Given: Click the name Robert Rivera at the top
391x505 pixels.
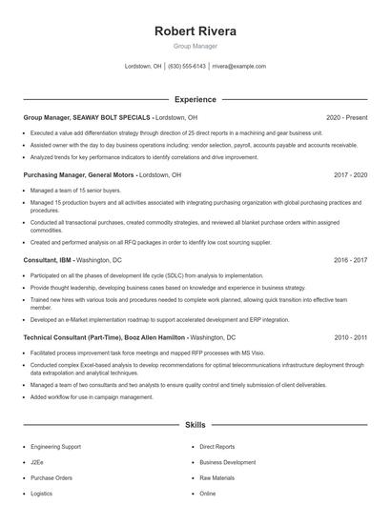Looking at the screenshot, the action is pyautogui.click(x=195, y=31).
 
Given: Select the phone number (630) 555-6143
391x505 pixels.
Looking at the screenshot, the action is pyautogui.click(x=187, y=67).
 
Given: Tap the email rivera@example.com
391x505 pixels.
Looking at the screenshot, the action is pyautogui.click(x=238, y=67).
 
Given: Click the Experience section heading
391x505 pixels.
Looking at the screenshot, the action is pyautogui.click(x=195, y=99).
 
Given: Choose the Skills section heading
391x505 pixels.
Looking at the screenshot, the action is pyautogui.click(x=195, y=424).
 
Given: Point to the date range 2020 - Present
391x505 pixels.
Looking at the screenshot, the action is pyautogui.click(x=346, y=117).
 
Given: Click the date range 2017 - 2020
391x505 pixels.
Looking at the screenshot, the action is pyautogui.click(x=351, y=175).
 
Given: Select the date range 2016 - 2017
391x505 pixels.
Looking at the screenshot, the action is pyautogui.click(x=351, y=259).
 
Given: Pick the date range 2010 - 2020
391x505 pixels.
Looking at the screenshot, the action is pyautogui.click(x=351, y=337).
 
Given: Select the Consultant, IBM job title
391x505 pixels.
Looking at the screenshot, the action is pyautogui.click(x=47, y=259).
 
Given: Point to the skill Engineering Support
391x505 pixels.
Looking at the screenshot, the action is pyautogui.click(x=56, y=446).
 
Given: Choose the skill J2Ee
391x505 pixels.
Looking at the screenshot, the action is pyautogui.click(x=37, y=462).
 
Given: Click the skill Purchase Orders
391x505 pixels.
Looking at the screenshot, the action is pyautogui.click(x=51, y=477).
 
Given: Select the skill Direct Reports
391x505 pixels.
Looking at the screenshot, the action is pyautogui.click(x=216, y=446).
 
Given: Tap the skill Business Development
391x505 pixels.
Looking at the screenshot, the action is pyautogui.click(x=227, y=462).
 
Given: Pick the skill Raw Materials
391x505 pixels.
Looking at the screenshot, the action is pyautogui.click(x=216, y=477).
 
